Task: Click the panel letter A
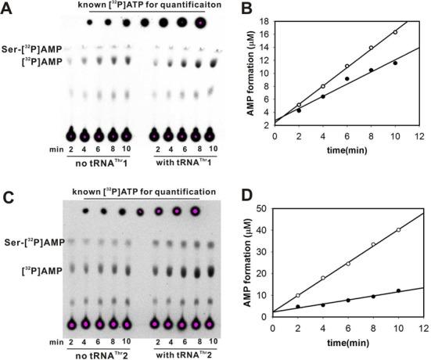[x=6, y=7]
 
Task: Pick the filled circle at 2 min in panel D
[x=298, y=306]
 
